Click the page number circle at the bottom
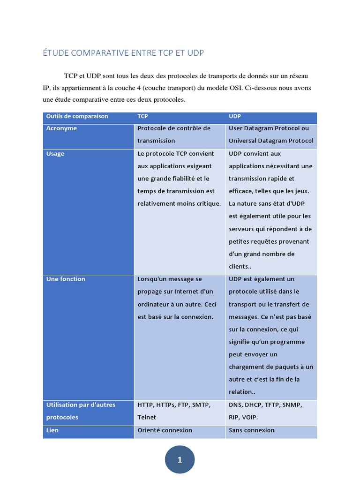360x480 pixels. tap(180, 460)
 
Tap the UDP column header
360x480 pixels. tap(235, 116)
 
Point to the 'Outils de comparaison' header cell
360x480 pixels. tap(77, 116)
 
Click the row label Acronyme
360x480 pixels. tap(61, 128)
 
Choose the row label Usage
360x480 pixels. tap(55, 154)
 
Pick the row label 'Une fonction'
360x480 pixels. tap(66, 279)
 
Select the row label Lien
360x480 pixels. tap(52, 430)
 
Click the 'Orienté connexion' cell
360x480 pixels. tap(165, 430)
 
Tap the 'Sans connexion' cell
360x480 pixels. tap(252, 430)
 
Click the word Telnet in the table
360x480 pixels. tap(147, 417)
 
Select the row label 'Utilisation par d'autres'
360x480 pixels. tap(81, 405)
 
